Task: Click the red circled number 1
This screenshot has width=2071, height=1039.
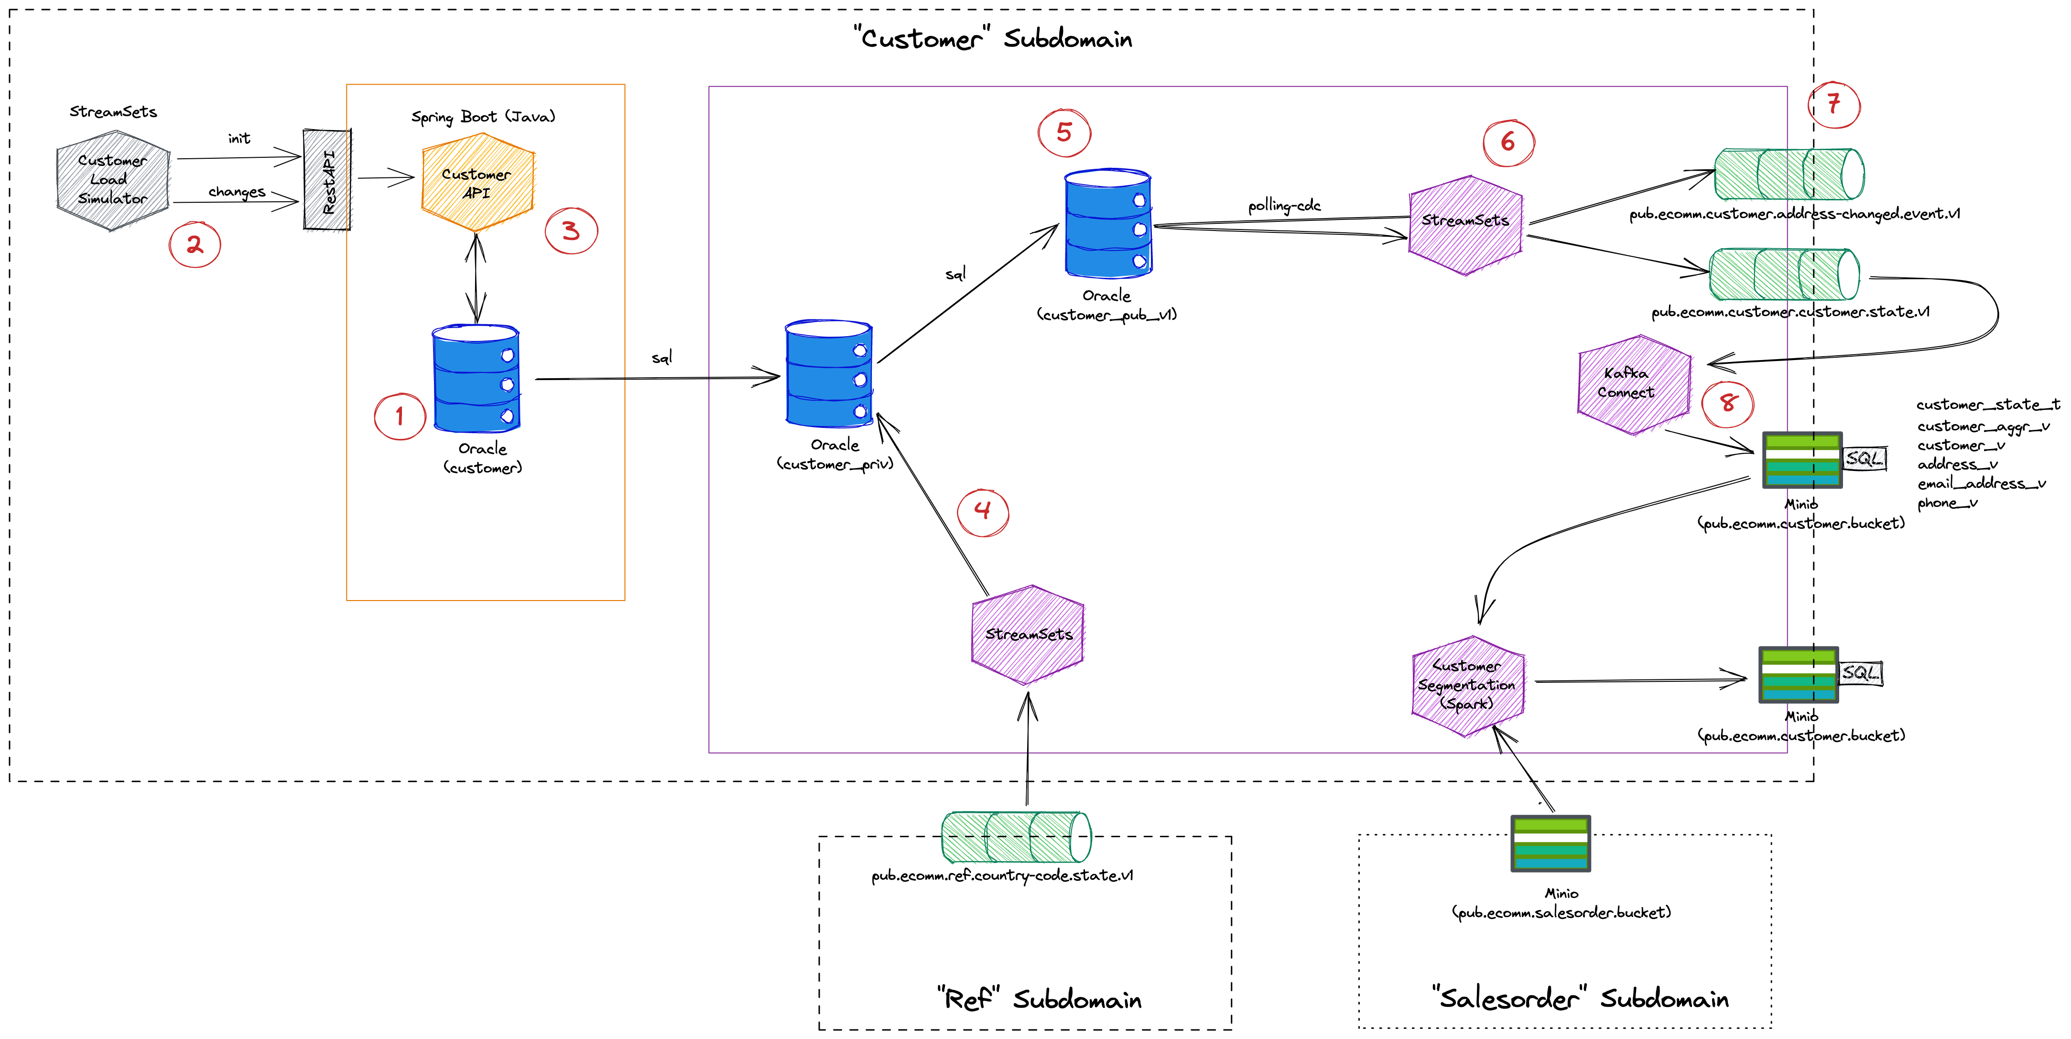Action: (400, 416)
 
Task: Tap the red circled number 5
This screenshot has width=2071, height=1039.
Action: (1063, 133)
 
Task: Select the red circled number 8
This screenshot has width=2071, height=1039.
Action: (1728, 403)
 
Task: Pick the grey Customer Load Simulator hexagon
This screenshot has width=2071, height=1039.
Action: (112, 180)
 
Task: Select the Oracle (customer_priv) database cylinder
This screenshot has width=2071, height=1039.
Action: (829, 374)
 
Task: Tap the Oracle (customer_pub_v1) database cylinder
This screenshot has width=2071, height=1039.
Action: (1108, 224)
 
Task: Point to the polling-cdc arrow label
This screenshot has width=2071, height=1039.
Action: (1284, 206)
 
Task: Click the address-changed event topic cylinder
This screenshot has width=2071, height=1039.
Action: (1789, 174)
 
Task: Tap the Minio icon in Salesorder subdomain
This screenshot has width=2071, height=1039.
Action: (1550, 843)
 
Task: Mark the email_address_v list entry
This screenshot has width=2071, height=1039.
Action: (1981, 483)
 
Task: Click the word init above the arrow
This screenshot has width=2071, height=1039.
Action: (239, 138)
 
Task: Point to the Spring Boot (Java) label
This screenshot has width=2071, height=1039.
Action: (483, 117)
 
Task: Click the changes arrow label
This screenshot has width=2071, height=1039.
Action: (237, 191)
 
